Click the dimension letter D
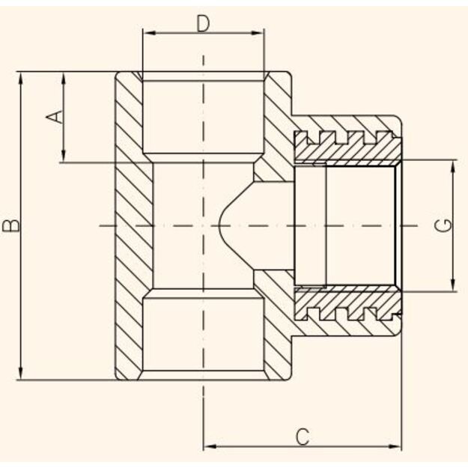[x=203, y=24]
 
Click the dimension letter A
[x=55, y=117]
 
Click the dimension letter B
[x=11, y=225]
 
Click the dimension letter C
[x=303, y=437]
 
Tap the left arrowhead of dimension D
[x=149, y=33]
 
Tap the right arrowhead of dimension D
[x=258, y=33]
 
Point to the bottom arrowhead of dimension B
[x=21, y=373]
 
